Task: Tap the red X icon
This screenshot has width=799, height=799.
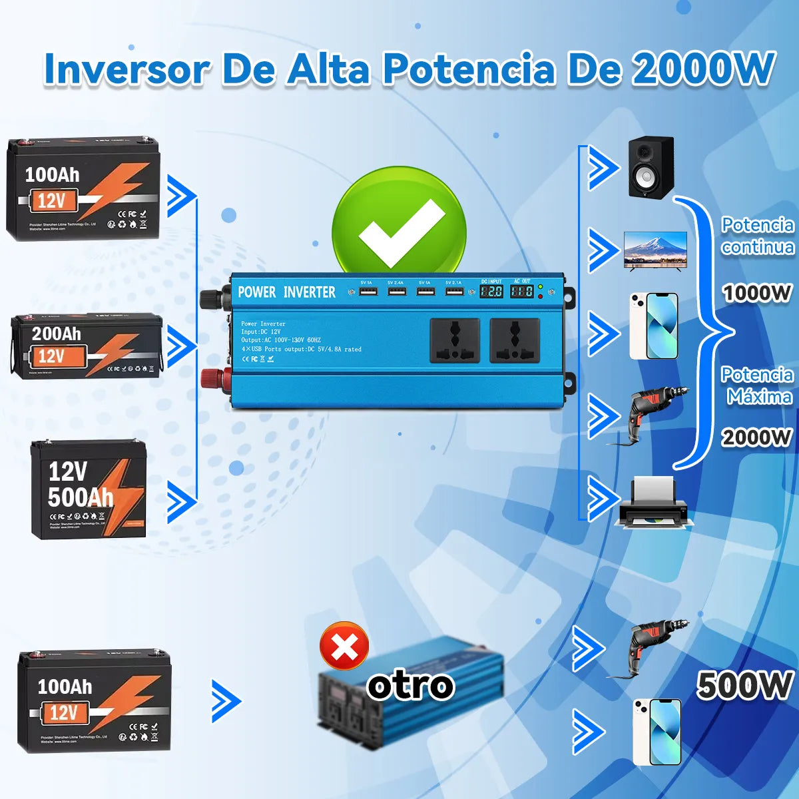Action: coord(344,646)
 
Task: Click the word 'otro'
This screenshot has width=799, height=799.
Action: coord(411,686)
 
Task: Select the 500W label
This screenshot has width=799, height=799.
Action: coord(744,686)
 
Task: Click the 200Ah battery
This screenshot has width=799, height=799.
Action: coord(87,346)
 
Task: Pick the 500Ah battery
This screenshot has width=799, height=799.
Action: coord(88,489)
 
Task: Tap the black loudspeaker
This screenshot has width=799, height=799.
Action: coord(651,166)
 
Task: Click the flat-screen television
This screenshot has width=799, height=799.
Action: coord(655,250)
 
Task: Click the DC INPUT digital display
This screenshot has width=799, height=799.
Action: coord(491,291)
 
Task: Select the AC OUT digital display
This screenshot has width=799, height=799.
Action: coord(521,291)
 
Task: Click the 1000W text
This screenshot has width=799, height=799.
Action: coord(757,293)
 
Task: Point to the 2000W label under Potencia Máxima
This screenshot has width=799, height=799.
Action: coord(757,437)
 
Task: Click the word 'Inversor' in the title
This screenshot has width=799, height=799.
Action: coord(127,69)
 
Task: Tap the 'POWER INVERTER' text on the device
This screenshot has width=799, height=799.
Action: coord(287,292)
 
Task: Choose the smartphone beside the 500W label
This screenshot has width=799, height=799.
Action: coord(657,732)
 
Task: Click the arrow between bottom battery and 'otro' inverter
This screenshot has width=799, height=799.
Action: coord(226,701)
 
